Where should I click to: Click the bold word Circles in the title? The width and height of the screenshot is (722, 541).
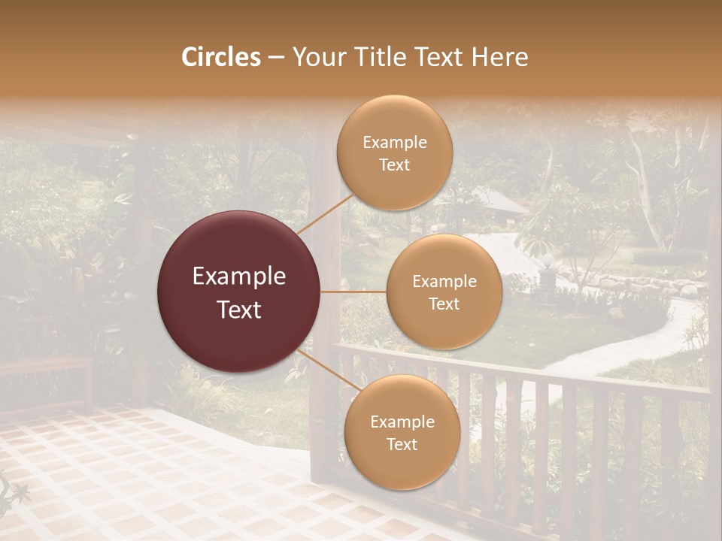point(221,57)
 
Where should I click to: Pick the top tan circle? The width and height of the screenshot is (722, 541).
point(394,153)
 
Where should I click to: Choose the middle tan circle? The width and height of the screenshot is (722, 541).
point(444,292)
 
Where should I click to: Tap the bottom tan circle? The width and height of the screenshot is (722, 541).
point(402,433)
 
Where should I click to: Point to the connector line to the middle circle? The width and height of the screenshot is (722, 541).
point(353,292)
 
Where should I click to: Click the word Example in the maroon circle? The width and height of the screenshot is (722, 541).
point(239,277)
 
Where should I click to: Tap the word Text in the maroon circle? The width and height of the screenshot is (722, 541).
point(239,310)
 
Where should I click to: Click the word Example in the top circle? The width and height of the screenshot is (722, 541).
point(394,143)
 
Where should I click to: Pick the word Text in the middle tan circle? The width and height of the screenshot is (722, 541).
point(444,304)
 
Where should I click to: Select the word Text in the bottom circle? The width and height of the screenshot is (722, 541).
point(402,444)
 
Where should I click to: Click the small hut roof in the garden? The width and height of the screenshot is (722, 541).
point(497,201)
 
